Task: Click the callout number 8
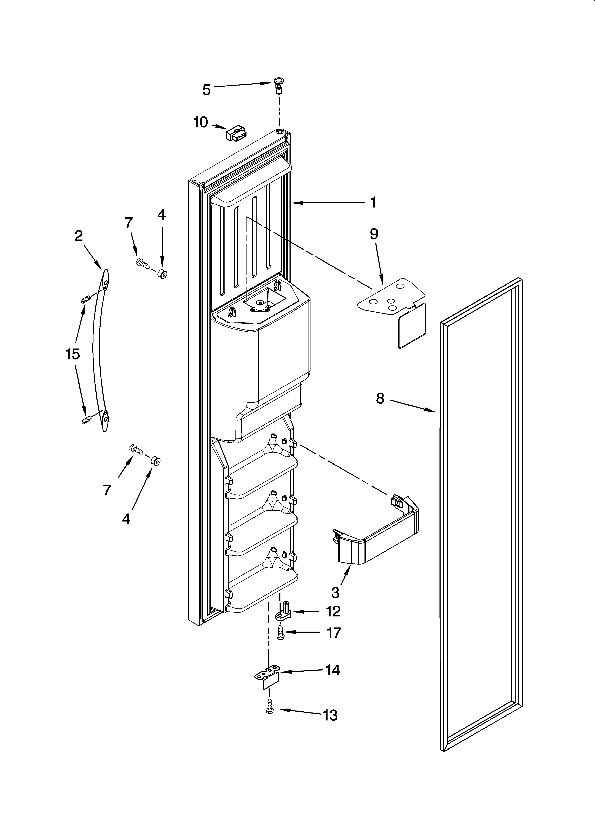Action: pos(380,398)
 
